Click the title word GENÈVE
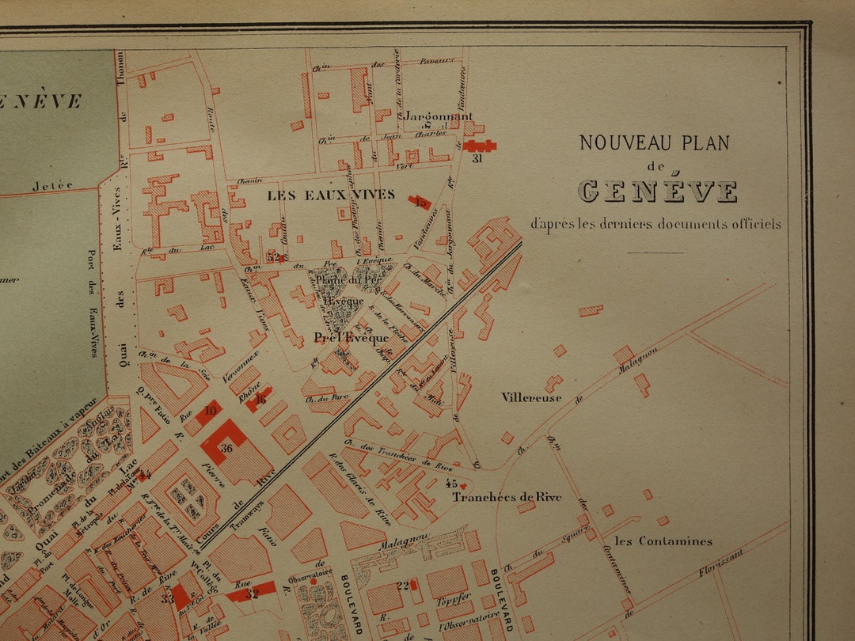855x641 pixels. point(657,192)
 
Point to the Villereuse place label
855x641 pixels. point(531,397)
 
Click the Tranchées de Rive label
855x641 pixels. point(507,497)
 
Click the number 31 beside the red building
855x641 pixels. point(477,158)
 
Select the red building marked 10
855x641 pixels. point(210,411)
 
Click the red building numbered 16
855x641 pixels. point(260,398)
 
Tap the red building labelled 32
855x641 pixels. point(253,592)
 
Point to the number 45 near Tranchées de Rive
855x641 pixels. point(451,483)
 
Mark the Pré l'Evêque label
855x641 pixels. point(351,338)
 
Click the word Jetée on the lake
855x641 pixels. point(52,186)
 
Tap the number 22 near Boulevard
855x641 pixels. point(403,586)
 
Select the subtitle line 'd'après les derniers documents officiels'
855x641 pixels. point(655,224)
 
